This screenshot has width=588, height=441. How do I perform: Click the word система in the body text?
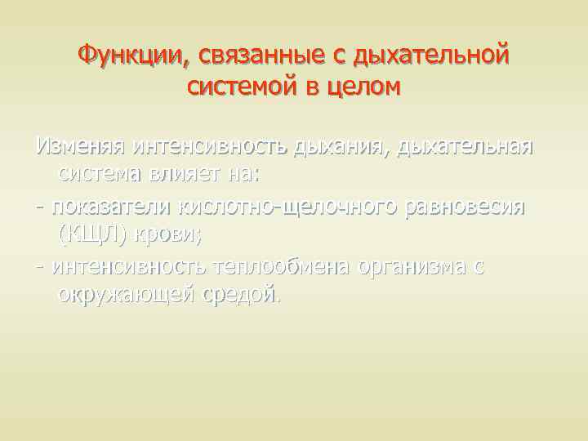[103, 174]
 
